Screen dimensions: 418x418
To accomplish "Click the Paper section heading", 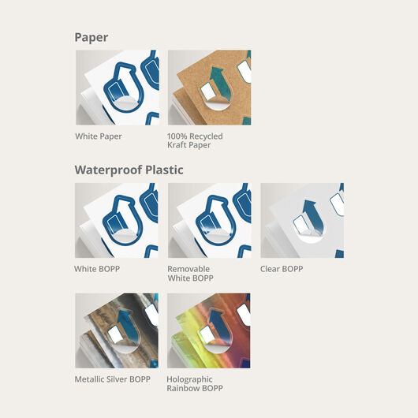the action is click(x=91, y=38).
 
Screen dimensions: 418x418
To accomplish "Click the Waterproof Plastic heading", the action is click(x=129, y=170).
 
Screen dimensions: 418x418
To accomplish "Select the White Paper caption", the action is click(x=99, y=136).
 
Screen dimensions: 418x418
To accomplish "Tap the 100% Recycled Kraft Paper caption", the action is click(x=195, y=140).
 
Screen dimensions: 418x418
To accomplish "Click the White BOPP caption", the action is click(x=97, y=269).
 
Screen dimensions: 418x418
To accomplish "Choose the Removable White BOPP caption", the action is click(x=190, y=274).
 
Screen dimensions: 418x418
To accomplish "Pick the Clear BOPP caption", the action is click(x=282, y=269).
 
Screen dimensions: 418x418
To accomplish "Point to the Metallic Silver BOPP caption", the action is click(x=113, y=379).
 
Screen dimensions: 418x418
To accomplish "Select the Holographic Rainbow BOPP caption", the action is click(x=195, y=384).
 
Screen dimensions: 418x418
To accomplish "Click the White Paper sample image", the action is click(x=118, y=88).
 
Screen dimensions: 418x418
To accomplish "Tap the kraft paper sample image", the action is click(x=209, y=88).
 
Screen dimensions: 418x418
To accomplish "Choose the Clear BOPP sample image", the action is click(x=302, y=221).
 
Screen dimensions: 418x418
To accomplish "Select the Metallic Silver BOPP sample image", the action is click(x=117, y=330).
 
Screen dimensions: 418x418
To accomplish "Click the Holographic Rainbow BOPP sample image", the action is click(x=209, y=330).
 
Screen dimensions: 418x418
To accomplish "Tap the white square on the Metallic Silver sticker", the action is click(x=114, y=334).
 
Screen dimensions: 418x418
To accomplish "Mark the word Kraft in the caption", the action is click(x=176, y=145).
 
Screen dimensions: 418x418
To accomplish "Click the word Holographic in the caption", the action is click(x=189, y=379).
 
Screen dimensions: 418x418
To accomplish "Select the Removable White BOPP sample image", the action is click(x=209, y=221).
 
